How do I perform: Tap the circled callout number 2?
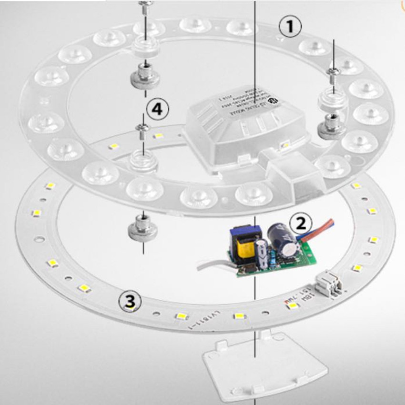301,222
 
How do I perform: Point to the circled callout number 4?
157,110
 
